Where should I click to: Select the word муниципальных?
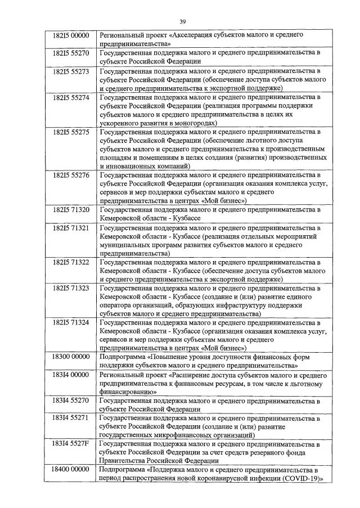click(127, 245)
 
